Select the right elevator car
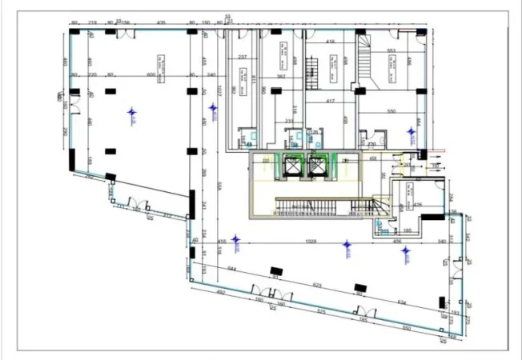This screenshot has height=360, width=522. pos(318,165)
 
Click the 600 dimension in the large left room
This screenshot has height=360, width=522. pos(150,74)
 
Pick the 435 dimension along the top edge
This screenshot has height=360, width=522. pos(161,22)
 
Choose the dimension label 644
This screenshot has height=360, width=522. pos(232,268)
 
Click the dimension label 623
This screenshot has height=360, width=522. pos(317,285)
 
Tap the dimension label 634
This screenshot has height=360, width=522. pos(401,302)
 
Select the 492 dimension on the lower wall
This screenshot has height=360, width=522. pos(222,293)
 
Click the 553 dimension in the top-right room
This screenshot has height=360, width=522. pos(391,51)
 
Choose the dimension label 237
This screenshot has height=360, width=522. pos(242,57)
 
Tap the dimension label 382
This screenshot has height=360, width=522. pos(281,76)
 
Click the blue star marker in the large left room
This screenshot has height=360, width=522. pos(132,114)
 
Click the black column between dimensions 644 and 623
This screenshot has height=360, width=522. pos(277,270)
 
